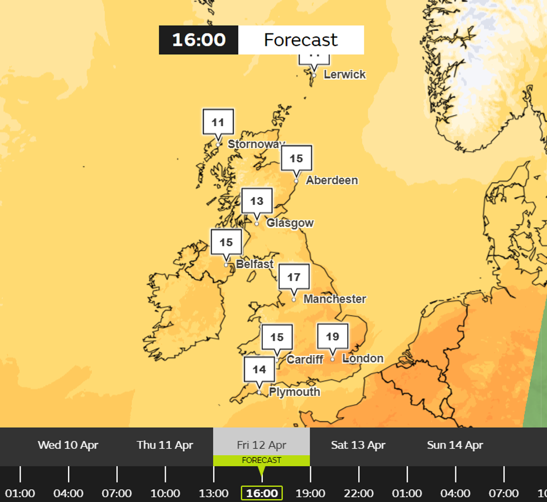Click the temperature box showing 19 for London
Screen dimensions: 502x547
pos(333,337)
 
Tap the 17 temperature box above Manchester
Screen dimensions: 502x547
pos(294,277)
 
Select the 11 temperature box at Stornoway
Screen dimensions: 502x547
pos(218,123)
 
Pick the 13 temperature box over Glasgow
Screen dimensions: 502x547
pos(257,202)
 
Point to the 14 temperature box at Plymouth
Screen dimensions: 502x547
pos(259,370)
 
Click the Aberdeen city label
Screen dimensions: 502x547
pos(332,180)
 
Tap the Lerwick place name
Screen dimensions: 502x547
pos(345,74)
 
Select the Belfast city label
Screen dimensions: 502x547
pos(255,264)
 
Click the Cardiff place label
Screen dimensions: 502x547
pos(305,360)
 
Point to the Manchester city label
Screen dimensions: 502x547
pos(335,299)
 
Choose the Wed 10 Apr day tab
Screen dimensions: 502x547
pos(68,445)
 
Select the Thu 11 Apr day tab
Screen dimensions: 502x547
pos(165,445)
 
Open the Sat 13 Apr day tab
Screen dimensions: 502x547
pos(358,445)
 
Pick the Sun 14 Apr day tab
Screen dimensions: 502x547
pos(455,445)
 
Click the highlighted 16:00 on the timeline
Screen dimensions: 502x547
pos(262,493)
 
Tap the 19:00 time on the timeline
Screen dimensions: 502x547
pos(310,493)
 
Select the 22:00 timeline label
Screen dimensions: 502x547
pos(359,493)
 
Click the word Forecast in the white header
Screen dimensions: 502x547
pos(301,40)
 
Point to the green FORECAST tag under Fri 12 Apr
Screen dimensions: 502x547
pos(261,461)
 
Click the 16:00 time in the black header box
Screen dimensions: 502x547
pos(199,40)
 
